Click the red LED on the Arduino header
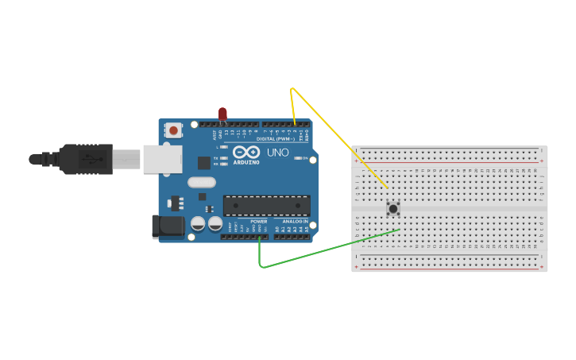(x=222, y=114)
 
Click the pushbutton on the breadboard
(x=392, y=208)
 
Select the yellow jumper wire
(x=334, y=134)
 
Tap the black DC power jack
(x=168, y=226)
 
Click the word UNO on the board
(x=277, y=152)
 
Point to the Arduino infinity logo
(x=246, y=152)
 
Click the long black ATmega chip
(x=266, y=205)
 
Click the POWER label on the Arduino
(x=259, y=221)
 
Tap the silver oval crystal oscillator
(x=202, y=182)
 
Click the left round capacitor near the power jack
(x=198, y=224)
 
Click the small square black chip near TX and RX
(x=204, y=163)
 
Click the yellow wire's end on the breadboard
(x=387, y=188)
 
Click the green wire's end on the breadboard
(x=399, y=230)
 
